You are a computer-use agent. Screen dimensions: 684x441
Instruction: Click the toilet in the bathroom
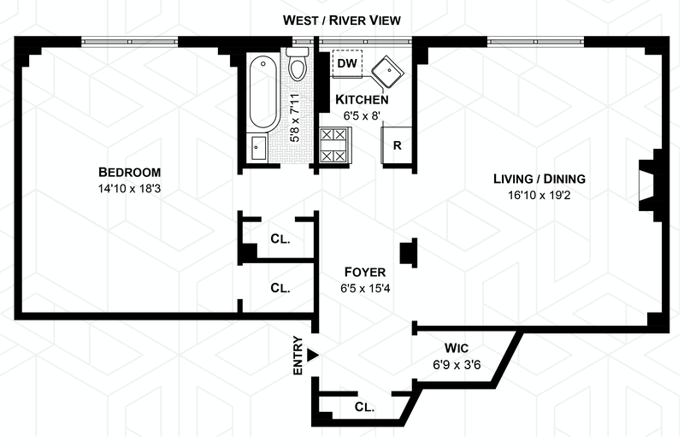point(298,65)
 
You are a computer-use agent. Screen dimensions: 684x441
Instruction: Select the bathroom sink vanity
point(258,147)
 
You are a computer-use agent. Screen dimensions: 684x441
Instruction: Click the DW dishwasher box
point(347,63)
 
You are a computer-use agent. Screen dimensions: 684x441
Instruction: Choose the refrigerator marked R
point(398,144)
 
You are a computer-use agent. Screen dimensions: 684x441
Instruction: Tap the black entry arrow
point(314,355)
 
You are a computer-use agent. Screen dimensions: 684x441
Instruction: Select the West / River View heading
point(342,20)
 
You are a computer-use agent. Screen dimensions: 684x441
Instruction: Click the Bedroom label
point(129,170)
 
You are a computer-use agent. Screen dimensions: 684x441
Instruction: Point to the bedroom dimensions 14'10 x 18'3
point(129,187)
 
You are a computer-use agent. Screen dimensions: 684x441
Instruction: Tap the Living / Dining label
point(539,179)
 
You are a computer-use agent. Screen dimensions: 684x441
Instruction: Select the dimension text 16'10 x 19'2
point(539,196)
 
